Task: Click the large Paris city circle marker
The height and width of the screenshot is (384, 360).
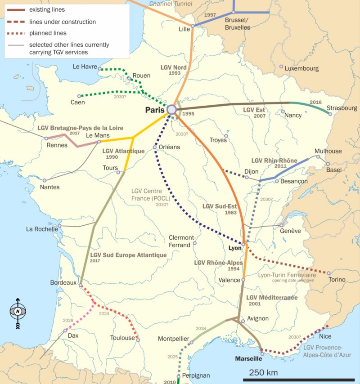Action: (x=171, y=109)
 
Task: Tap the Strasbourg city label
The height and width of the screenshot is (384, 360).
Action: (x=342, y=108)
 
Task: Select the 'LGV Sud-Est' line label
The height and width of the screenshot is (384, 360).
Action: (x=219, y=206)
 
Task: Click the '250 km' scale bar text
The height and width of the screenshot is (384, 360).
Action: (x=263, y=373)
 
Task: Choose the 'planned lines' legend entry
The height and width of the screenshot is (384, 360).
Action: (x=48, y=33)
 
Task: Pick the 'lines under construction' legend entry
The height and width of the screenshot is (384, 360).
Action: (x=62, y=22)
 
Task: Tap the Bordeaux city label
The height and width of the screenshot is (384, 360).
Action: (x=63, y=282)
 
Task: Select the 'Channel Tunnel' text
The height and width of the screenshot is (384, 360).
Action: (x=170, y=4)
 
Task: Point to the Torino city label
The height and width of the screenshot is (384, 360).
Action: (x=337, y=280)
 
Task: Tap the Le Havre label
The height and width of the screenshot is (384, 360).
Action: (x=85, y=67)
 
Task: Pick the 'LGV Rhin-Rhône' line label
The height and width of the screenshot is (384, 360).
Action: (x=274, y=161)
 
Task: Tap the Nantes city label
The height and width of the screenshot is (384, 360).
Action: (x=49, y=187)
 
